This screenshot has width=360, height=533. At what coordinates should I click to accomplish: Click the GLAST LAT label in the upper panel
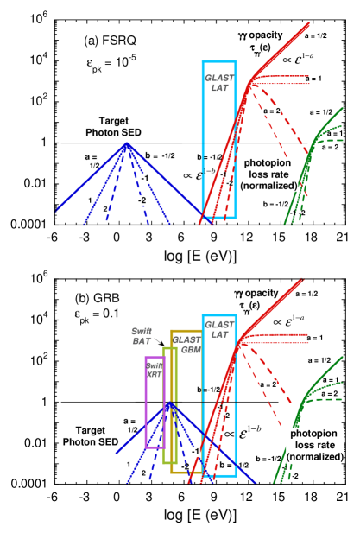pyautogui.click(x=219, y=83)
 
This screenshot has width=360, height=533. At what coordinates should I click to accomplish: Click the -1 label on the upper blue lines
pyautogui.click(x=145, y=178)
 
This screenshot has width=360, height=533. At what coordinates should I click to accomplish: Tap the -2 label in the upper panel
pyautogui.click(x=141, y=200)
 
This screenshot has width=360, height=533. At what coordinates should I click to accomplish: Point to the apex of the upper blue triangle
pyautogui.click(x=128, y=143)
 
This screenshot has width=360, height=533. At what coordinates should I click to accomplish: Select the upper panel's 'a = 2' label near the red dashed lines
pyautogui.click(x=272, y=111)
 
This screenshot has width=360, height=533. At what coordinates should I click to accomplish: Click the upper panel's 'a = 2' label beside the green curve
pyautogui.click(x=329, y=148)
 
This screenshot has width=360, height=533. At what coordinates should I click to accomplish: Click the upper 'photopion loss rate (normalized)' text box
pyautogui.click(x=269, y=174)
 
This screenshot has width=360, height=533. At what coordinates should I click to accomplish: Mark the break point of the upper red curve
pyautogui.click(x=250, y=84)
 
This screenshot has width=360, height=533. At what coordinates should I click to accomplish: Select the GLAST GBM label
pyautogui.click(x=186, y=345)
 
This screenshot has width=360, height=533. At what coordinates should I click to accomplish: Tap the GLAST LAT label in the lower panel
pyautogui.click(x=218, y=329)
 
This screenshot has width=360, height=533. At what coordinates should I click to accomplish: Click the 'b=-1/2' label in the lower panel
pyautogui.click(x=211, y=391)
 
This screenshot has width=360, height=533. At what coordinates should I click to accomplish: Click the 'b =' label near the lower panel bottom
pyautogui.click(x=226, y=465)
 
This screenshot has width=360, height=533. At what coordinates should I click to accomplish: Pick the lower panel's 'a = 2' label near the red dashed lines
pyautogui.click(x=268, y=384)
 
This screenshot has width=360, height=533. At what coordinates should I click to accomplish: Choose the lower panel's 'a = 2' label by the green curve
pyautogui.click(x=329, y=393)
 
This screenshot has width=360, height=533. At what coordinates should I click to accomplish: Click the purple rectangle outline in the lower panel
pyautogui.click(x=146, y=402)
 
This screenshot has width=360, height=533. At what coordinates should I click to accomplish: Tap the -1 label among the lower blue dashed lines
pyautogui.click(x=196, y=452)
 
